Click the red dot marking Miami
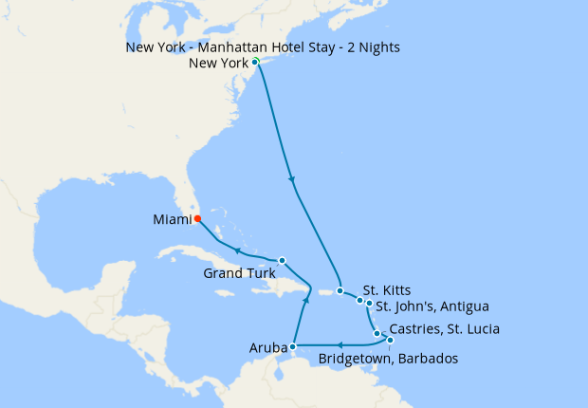(x=197, y=217)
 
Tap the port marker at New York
(x=255, y=63)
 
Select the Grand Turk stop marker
(x=282, y=260)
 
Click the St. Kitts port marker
(x=340, y=290)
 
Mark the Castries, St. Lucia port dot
(x=377, y=333)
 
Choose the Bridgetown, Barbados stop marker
(x=389, y=340)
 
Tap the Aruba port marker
(x=293, y=347)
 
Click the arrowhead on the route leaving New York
(x=291, y=179)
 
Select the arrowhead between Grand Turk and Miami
(x=237, y=250)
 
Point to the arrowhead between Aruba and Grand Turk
(x=306, y=300)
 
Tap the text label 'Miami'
(x=171, y=220)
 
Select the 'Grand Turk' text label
(x=237, y=274)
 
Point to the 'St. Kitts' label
(x=387, y=289)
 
